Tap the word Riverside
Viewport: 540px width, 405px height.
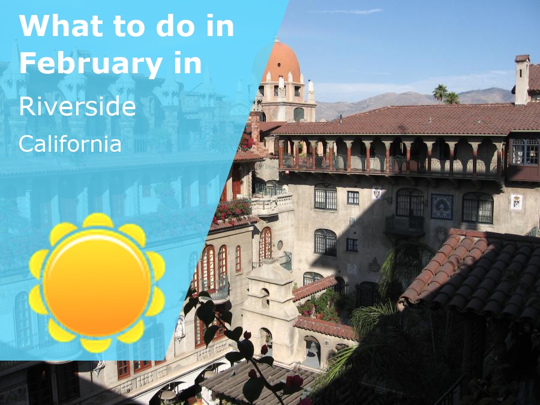pyautogui.click(x=77, y=106)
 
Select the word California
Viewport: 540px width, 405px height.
pyautogui.click(x=70, y=143)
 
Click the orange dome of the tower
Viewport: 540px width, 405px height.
pyautogui.click(x=281, y=62)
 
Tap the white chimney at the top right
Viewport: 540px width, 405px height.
pyautogui.click(x=521, y=80)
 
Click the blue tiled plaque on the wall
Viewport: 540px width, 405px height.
pyautogui.click(x=442, y=206)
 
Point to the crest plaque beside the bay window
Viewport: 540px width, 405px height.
pyautogui.click(x=515, y=202)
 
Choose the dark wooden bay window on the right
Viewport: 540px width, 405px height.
pyautogui.click(x=523, y=158)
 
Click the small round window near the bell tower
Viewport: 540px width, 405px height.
pyautogui.click(x=280, y=245)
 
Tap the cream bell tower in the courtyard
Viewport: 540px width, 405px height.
pyautogui.click(x=268, y=300)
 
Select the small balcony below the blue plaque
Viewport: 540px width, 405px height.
pyautogui.click(x=405, y=225)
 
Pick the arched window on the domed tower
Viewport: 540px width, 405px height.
pyautogui.click(x=298, y=114)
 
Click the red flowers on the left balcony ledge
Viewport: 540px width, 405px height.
pyautogui.click(x=232, y=210)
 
